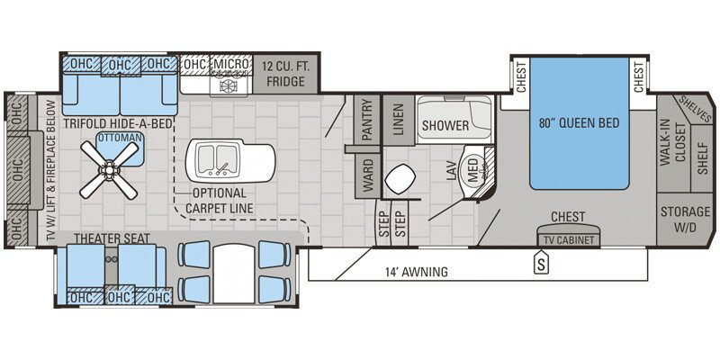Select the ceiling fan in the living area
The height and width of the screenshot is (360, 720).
pyautogui.click(x=108, y=171)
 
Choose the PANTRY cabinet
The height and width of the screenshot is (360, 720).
pyautogui.click(x=366, y=118)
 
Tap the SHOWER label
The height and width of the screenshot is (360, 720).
pyautogui.click(x=445, y=125)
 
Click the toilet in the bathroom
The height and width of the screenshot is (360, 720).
pyautogui.click(x=398, y=180)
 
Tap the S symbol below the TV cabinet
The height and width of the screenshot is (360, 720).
pyautogui.click(x=541, y=264)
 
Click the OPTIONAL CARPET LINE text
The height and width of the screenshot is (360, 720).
pyautogui.click(x=220, y=201)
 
